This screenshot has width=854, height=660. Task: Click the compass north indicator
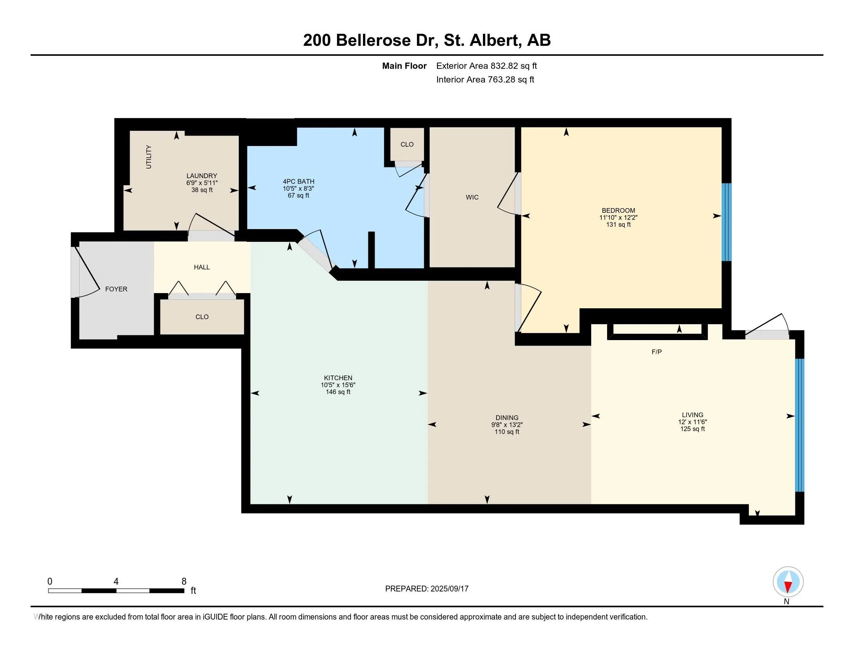(788, 582)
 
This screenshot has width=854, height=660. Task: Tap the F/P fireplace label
(656, 352)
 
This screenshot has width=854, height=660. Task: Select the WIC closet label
(472, 198)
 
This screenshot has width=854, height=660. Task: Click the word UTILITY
(149, 157)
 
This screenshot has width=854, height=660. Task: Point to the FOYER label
(116, 289)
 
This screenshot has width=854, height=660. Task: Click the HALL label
(202, 267)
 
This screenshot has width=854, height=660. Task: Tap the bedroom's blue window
(726, 222)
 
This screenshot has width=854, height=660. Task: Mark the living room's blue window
(800, 425)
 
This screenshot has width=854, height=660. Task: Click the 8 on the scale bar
(184, 582)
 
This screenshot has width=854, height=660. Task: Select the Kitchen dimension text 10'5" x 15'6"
(338, 385)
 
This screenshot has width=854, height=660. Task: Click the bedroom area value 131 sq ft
(619, 224)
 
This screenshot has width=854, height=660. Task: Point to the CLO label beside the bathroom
(407, 144)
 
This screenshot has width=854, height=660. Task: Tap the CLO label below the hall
(202, 317)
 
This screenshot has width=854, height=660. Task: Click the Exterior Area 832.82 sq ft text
(486, 66)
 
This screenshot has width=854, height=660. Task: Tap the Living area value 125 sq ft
(693, 429)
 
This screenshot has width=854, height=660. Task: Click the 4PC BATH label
(299, 181)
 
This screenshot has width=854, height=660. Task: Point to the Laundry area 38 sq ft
(202, 190)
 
